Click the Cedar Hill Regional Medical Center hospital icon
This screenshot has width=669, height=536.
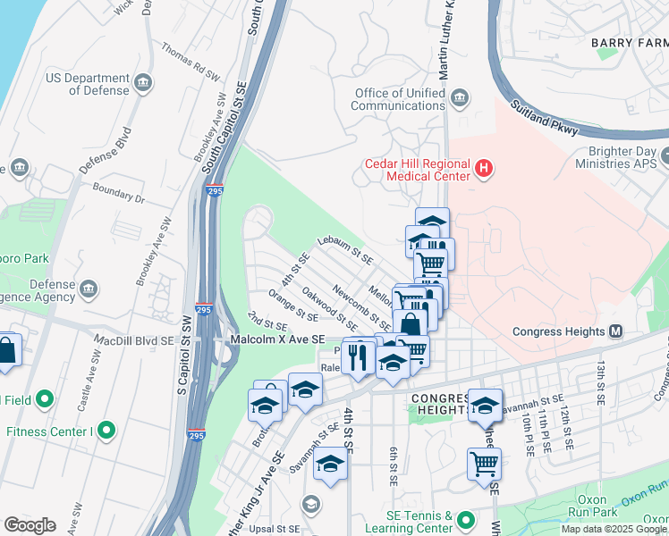tap(484, 169)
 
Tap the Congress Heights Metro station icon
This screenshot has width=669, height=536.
tap(615, 331)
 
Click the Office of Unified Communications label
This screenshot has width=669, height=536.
tap(399, 99)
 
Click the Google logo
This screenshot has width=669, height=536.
tap(30, 525)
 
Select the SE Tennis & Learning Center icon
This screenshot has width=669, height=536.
tap(465, 520)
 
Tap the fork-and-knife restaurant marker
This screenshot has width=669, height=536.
tap(358, 356)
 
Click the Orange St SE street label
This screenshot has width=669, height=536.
tap(292, 306)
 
